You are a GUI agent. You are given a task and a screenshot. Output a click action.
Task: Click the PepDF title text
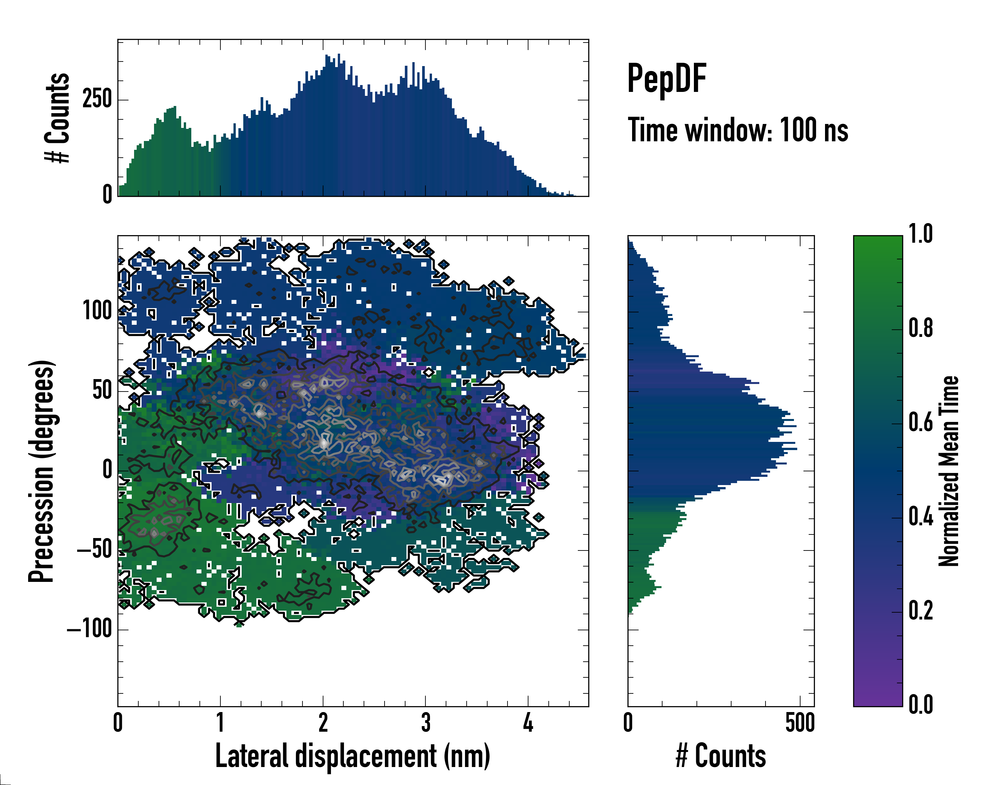[x=666, y=79]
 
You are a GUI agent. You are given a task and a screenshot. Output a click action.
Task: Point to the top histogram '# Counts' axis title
[x=57, y=118]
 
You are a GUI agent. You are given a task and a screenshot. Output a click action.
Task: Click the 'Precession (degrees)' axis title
[x=42, y=471]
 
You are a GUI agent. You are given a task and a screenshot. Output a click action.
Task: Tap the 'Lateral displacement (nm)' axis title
[x=353, y=756]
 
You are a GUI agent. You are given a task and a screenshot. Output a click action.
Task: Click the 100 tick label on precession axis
[x=97, y=312]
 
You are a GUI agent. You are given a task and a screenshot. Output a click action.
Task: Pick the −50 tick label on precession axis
[x=94, y=550]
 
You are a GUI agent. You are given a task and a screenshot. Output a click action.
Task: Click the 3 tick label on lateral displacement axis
[x=425, y=723]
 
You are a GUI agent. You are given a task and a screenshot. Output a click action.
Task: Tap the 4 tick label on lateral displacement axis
[x=528, y=723]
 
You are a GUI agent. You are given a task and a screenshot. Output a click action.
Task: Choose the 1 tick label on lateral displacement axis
[x=220, y=723]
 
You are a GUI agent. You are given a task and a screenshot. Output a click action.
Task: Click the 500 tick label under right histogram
[x=800, y=723]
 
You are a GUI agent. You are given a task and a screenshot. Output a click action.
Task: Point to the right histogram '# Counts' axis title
[x=721, y=756]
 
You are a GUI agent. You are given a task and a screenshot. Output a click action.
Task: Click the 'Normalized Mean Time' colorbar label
[x=949, y=471]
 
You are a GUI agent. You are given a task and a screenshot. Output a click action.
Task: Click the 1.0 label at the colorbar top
[x=921, y=235]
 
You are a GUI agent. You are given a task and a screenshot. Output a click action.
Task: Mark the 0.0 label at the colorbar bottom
[x=921, y=705]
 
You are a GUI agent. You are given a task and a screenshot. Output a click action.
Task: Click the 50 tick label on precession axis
[x=102, y=391]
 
